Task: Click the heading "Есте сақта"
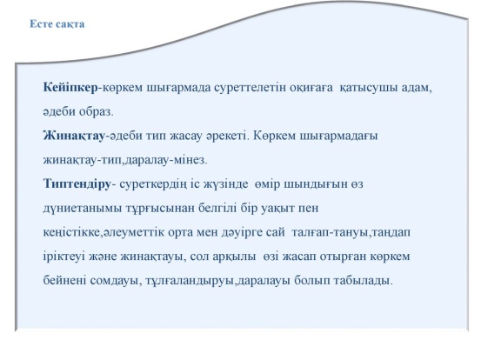(57, 24)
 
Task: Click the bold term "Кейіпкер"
(70, 88)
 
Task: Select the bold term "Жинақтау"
(74, 136)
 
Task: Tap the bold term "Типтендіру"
(77, 183)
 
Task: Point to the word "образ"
(96, 111)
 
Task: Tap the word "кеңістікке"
(72, 232)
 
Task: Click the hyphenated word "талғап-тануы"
(329, 232)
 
